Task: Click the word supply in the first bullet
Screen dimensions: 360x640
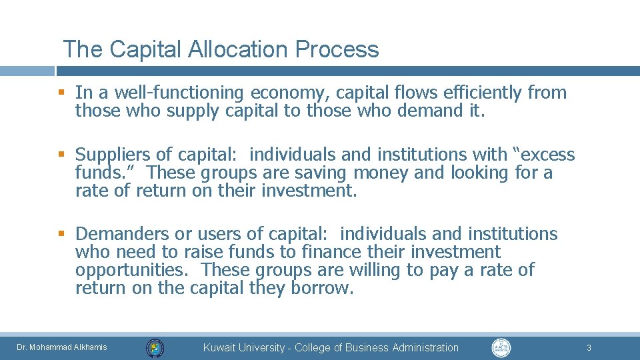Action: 190,111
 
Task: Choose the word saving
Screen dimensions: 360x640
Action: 319,173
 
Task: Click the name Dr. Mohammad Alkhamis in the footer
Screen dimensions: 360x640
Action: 62,347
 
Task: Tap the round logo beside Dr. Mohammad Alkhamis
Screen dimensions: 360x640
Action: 155,347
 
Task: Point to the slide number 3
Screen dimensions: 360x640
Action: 589,347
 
